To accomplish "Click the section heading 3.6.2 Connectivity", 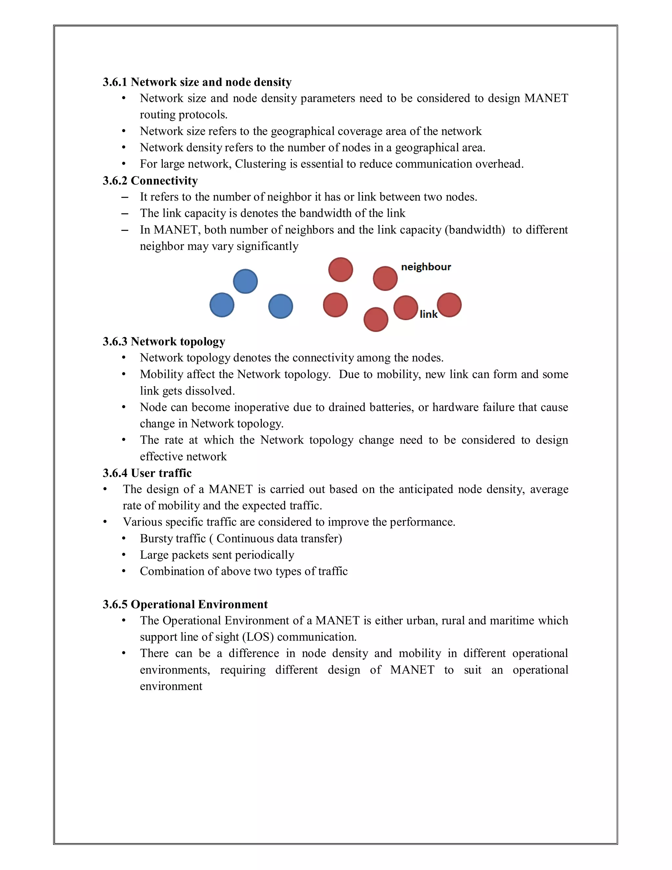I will pyautogui.click(x=150, y=181).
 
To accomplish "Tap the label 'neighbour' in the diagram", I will pyautogui.click(x=426, y=267).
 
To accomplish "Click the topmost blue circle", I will pyautogui.click(x=245, y=281).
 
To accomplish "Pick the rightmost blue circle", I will pyautogui.click(x=281, y=306).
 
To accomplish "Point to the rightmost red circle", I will pyautogui.click(x=449, y=305).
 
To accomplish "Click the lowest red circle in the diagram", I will pyautogui.click(x=376, y=319).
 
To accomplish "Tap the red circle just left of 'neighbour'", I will pyautogui.click(x=385, y=278).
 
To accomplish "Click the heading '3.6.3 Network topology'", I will pyautogui.click(x=164, y=341).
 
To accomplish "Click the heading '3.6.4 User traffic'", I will pyautogui.click(x=147, y=473).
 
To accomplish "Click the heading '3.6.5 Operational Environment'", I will pyautogui.click(x=185, y=604).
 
